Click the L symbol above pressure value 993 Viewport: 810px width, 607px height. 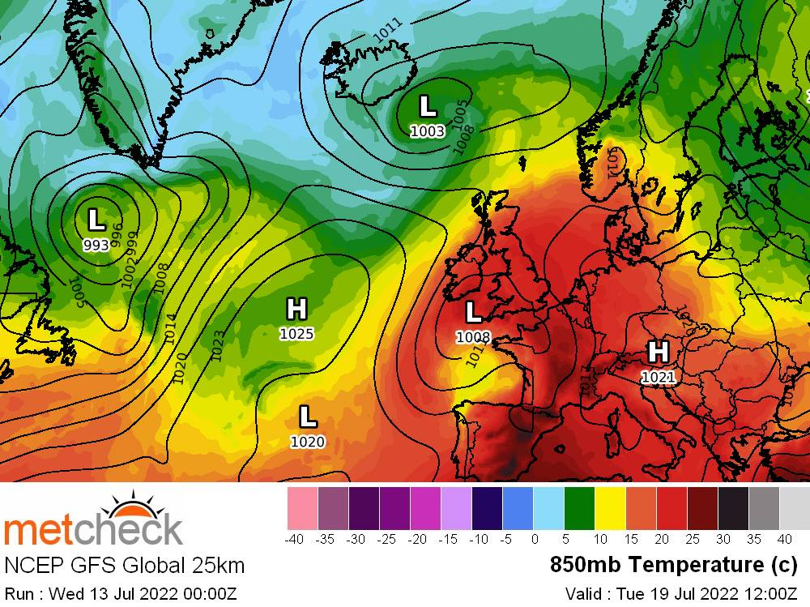[96, 220]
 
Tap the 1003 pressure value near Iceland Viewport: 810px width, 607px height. [427, 131]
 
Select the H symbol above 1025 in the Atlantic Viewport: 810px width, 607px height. [296, 309]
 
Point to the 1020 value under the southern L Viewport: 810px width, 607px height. [307, 442]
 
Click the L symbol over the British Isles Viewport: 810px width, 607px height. [474, 311]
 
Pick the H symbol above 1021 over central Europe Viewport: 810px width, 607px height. [658, 352]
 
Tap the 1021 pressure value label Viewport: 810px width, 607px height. [658, 377]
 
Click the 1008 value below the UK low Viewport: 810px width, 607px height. [473, 336]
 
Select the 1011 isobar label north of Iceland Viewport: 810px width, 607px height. [390, 30]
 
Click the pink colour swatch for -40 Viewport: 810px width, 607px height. [302, 509]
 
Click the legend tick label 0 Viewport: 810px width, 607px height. [534, 539]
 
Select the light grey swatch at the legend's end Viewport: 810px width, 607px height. [795, 509]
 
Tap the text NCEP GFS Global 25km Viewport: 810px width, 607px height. [125, 565]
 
